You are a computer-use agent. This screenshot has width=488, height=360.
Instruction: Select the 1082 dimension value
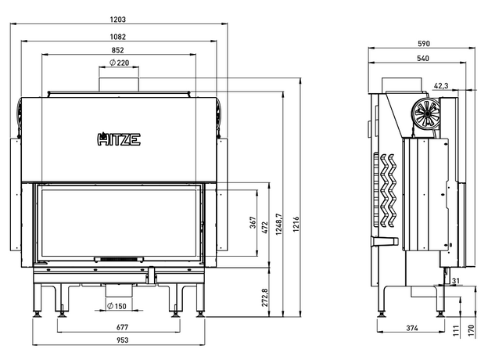click(119, 36)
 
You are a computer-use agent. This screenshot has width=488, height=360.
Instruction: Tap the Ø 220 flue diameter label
click(119, 63)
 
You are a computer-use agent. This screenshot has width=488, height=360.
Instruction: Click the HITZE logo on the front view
click(119, 140)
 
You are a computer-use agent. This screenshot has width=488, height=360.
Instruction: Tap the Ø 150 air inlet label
click(117, 305)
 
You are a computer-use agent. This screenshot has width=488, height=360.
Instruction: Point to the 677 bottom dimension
click(119, 326)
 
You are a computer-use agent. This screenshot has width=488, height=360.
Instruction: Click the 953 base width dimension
click(119, 340)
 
